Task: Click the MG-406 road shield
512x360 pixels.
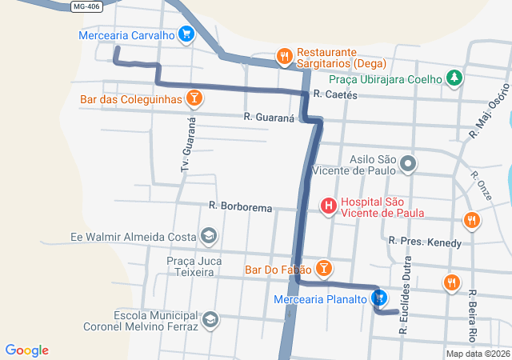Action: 87,6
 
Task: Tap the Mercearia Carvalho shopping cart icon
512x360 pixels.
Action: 186,34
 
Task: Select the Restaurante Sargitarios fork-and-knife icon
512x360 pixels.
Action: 283,56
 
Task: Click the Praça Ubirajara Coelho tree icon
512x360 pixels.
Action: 454,78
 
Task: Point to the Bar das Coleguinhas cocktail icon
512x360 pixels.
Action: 193,99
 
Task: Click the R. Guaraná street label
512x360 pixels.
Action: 270,118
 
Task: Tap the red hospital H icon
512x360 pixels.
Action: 328,206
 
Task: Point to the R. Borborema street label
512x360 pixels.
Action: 240,206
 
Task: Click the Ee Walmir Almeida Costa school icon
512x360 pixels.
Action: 208,236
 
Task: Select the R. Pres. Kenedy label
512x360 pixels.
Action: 425,241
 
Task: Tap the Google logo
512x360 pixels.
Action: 27,350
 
